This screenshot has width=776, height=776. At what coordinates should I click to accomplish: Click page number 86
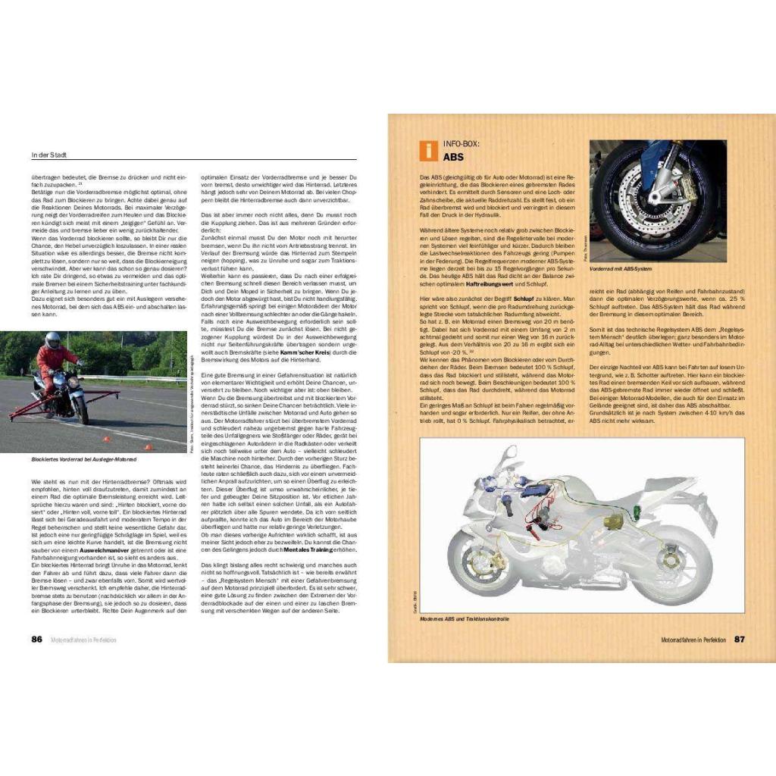tap(36, 639)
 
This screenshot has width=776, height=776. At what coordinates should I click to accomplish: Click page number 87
tap(740, 639)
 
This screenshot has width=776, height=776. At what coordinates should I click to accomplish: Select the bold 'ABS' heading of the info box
tap(452, 158)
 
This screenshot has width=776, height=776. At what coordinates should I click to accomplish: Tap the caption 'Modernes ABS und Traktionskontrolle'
tap(464, 619)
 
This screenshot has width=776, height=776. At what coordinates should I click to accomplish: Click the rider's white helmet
tap(52, 340)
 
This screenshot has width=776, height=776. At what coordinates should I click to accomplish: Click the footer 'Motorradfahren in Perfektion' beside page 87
tap(691, 639)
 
